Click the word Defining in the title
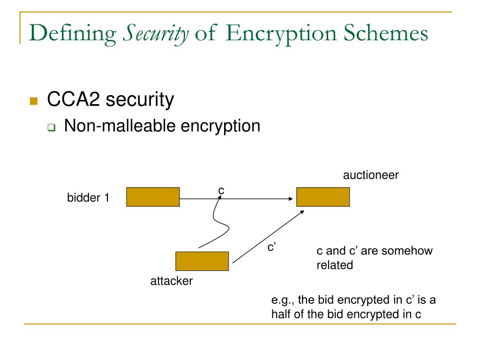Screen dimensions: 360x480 click(72, 34)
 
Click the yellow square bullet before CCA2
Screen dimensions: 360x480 click(33, 101)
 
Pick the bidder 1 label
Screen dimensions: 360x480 click(88, 198)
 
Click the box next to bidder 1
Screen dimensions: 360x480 click(153, 197)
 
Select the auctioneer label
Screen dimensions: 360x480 click(370, 175)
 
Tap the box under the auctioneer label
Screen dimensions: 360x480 click(323, 197)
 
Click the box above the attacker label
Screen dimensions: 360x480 click(202, 261)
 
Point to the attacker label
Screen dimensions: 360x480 click(172, 282)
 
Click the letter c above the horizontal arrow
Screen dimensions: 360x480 click(221, 190)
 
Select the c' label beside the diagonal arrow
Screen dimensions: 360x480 click(271, 247)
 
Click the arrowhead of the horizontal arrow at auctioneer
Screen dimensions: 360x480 click(290, 199)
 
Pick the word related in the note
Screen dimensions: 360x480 click(335, 265)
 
